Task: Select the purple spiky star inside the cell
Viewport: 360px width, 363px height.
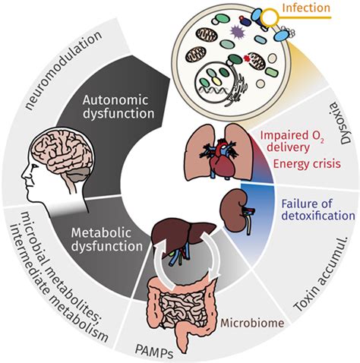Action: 232,31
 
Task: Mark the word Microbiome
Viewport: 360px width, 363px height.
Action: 252,324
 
